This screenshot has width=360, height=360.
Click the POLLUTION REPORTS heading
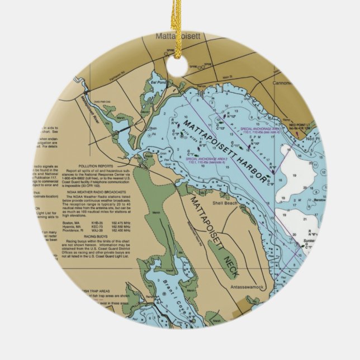click(98, 166)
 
